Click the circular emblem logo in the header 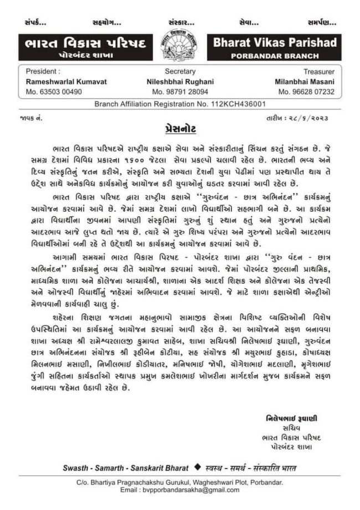tap(180, 45)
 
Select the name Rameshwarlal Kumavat tap(58, 81)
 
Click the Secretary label tap(179, 72)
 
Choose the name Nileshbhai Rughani tap(180, 81)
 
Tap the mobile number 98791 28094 tap(180, 91)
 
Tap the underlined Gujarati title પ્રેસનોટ tap(180, 129)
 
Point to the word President tap(42, 72)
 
